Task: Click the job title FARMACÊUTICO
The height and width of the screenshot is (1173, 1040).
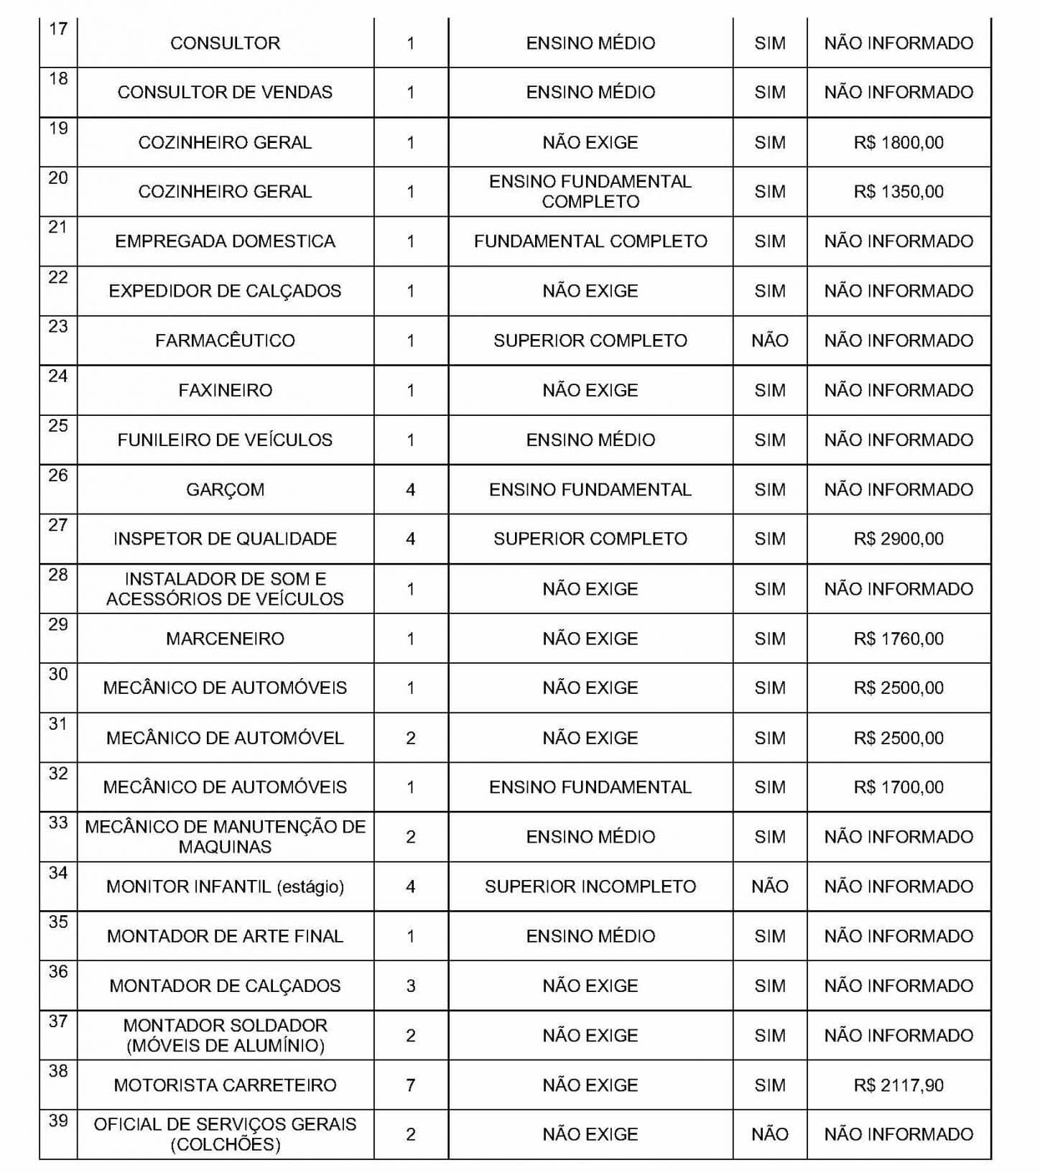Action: point(225,340)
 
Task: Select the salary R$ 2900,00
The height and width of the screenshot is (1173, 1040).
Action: point(899,539)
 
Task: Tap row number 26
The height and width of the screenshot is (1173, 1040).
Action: point(58,476)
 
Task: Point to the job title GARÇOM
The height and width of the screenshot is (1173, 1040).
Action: point(225,490)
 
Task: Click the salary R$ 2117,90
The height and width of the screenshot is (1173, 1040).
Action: point(899,1085)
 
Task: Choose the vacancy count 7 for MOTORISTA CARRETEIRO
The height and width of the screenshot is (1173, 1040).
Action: point(411,1085)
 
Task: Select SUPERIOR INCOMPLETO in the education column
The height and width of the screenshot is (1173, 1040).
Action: point(590,886)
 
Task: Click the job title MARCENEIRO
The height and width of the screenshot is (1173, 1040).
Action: point(225,639)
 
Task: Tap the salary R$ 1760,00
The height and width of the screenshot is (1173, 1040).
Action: point(899,639)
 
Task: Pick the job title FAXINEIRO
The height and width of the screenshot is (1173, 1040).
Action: point(225,390)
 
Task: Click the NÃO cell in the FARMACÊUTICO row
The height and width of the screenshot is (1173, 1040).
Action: point(770,340)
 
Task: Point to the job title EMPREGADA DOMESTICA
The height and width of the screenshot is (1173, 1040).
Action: point(225,241)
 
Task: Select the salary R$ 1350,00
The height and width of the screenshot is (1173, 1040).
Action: point(899,192)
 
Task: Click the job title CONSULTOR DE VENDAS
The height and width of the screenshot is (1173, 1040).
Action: point(225,93)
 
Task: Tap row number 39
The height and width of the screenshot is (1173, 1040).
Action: point(58,1121)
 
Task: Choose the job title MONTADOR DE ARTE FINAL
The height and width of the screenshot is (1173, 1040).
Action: point(225,936)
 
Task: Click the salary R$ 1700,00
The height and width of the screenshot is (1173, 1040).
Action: point(899,787)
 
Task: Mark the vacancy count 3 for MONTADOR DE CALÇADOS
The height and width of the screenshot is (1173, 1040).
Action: point(411,986)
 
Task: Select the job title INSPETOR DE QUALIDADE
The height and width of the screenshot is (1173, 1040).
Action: point(225,539)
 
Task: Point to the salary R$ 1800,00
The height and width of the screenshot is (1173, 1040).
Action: point(899,142)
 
